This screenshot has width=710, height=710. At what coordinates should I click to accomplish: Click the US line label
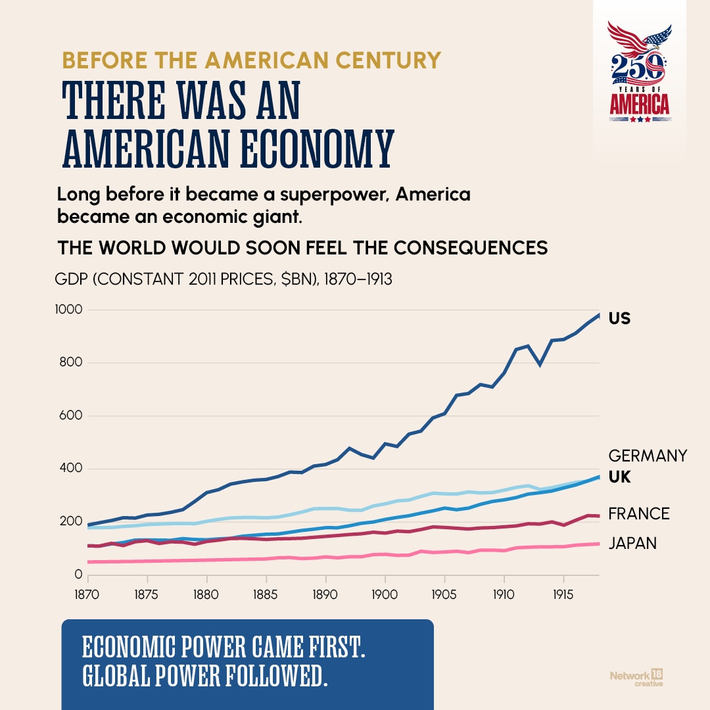coord(619,318)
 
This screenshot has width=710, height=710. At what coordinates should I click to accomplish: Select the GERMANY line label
coord(648,456)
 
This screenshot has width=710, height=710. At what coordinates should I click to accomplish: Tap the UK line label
coord(619,477)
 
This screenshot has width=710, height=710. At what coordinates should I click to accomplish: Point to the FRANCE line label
coord(639,514)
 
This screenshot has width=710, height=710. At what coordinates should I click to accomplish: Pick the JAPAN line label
coord(632,544)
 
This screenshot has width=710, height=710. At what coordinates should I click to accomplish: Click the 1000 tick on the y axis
coord(69,310)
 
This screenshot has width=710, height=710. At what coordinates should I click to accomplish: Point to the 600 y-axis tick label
coord(70,415)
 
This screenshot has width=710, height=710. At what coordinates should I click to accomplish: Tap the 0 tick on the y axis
coord(78,575)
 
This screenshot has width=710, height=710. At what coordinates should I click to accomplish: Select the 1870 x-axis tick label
coord(87,594)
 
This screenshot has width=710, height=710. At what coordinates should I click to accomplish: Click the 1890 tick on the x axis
coord(325,594)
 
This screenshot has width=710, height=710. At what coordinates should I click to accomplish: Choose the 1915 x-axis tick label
coord(563,594)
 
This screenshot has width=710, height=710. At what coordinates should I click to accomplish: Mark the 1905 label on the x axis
coord(444,594)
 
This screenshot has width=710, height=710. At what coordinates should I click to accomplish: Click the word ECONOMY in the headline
coord(316,149)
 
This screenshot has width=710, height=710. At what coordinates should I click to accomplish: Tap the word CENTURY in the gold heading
coord(388,60)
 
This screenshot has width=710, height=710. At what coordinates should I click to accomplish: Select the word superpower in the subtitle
coord(334,195)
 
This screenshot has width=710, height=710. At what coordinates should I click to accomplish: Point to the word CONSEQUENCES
coord(471,248)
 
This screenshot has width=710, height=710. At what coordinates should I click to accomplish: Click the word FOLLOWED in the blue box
coord(275,676)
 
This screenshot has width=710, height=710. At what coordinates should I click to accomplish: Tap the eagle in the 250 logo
coord(640,38)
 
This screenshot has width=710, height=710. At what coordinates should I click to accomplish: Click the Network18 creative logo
coord(636,678)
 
